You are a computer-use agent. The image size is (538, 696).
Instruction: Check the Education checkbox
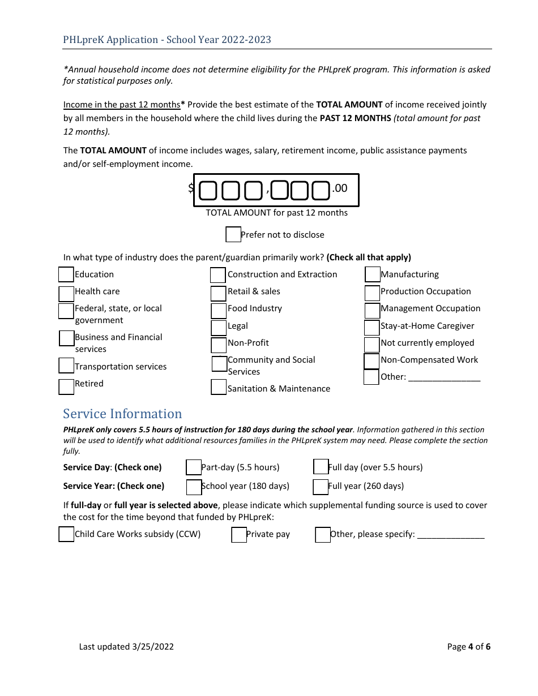[66, 274]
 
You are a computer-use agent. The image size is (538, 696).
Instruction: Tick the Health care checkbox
[66, 294]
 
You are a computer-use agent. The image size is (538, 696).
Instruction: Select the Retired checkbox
[66, 386]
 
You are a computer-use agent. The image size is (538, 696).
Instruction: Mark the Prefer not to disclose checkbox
[233, 234]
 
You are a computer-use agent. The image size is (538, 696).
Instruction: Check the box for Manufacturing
[373, 274]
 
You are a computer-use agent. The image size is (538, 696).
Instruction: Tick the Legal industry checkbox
[219, 328]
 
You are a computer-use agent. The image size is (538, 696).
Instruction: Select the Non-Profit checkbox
[219, 345]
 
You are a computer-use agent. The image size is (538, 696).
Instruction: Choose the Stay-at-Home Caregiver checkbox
[372, 328]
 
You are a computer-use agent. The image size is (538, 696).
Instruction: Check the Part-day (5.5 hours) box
[194, 467]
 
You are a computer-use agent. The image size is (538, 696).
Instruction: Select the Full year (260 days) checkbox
[321, 487]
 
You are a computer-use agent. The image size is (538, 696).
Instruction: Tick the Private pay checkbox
[239, 535]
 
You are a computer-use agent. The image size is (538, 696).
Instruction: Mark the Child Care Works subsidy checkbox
[66, 534]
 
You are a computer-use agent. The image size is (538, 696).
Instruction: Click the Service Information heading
[122, 414]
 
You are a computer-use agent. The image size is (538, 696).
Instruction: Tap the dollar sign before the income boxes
[191, 188]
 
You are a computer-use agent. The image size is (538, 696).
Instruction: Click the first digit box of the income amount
[208, 191]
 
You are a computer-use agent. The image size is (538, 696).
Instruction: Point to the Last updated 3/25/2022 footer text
[126, 646]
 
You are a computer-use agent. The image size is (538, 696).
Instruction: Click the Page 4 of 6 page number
[468, 646]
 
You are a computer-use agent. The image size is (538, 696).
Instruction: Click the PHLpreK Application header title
[167, 40]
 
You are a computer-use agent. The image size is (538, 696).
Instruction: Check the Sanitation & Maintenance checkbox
[219, 387]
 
